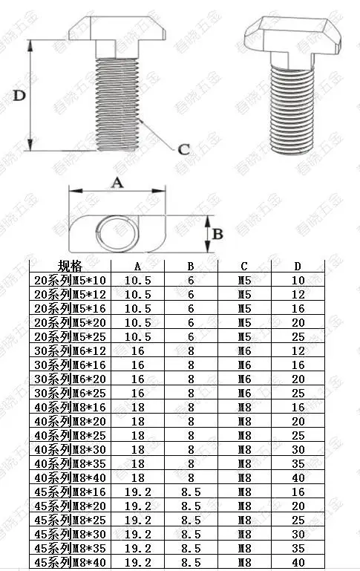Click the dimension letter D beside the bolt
pos(19,95)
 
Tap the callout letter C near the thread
pos(184,149)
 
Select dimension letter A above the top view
pos(117,182)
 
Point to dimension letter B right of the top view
pos(217,234)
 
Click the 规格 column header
pos(71,267)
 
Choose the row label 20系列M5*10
pos(71,280)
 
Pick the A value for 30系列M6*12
pos(137,350)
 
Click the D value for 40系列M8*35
pos(298,463)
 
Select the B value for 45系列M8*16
pos(191,492)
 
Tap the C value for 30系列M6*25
pos(245,394)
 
